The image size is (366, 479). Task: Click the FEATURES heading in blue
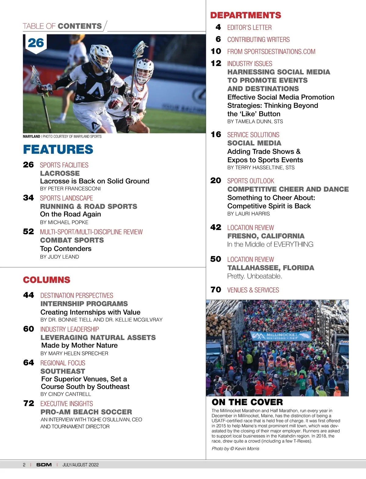58,150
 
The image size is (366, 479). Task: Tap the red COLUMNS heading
47,280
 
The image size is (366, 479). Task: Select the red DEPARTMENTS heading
246,15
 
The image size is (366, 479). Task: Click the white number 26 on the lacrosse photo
36,43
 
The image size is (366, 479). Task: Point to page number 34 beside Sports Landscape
28,198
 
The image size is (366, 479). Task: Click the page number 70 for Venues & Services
216,290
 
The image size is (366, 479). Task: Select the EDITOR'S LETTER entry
249,27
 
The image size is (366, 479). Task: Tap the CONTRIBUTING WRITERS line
258,40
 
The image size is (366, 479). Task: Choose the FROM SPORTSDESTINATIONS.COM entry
271,52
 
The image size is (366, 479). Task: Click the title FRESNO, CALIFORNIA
266,236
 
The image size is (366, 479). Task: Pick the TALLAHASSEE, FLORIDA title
271,268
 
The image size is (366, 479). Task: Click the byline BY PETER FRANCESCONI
70,189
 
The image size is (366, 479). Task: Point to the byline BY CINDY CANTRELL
66,394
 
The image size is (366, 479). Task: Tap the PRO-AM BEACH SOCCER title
86,412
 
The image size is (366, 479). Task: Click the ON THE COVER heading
247,402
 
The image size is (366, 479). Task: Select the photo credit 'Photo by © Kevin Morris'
235,449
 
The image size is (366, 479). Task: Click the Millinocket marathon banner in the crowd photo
281,336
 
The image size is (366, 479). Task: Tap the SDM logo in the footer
44,465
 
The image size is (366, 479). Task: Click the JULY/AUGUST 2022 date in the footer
81,465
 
